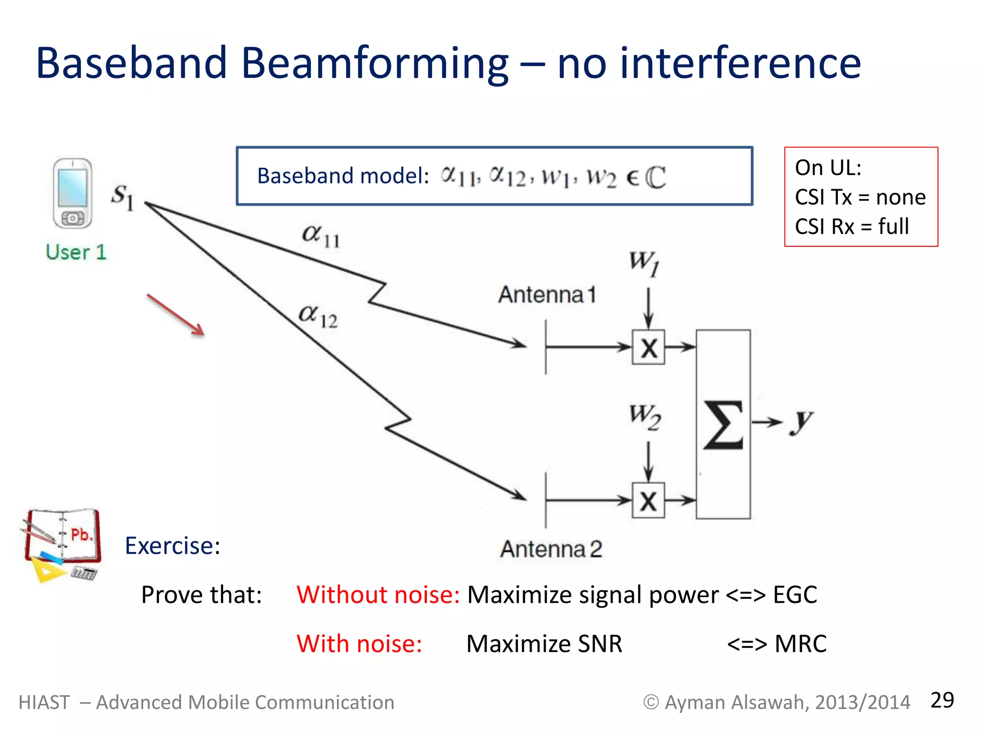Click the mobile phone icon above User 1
pos(72,194)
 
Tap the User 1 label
pos(76,253)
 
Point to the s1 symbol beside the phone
pos(123,196)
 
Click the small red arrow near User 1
pos(176,315)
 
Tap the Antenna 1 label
pos(547,294)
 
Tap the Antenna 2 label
pos(551,549)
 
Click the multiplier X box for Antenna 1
pos(648,347)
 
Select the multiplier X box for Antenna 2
pos(648,501)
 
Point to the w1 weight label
pos(644,263)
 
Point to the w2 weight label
pos(645,416)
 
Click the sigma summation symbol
pos(723,425)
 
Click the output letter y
pos(801,422)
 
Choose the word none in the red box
pos(901,197)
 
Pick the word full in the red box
pos(893,227)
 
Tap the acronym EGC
pos(795,595)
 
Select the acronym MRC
pos(800,644)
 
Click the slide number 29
pos(942,700)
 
